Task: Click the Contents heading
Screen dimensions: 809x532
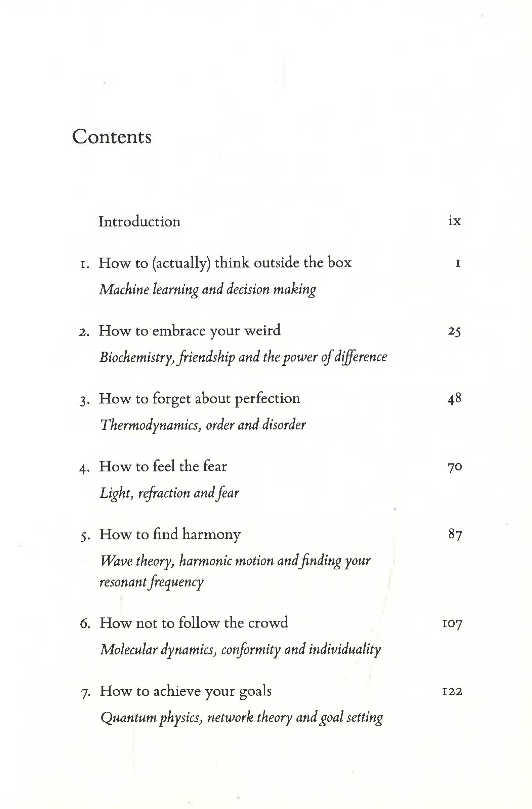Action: tap(112, 137)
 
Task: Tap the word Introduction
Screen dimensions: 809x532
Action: tap(139, 221)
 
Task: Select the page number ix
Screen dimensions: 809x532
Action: tap(454, 221)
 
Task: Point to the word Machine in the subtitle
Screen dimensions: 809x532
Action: tap(124, 289)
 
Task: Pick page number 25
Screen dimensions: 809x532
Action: tap(454, 331)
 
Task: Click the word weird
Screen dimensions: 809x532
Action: tap(262, 330)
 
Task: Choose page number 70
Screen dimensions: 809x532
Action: tap(454, 467)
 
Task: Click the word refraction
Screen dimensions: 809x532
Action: tap(164, 493)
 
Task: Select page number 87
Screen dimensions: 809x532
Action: tap(455, 534)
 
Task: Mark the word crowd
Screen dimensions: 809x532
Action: tap(268, 623)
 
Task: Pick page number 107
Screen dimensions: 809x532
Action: tap(452, 623)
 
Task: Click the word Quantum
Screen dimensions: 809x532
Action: tap(128, 718)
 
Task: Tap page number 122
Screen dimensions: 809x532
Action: tap(452, 691)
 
